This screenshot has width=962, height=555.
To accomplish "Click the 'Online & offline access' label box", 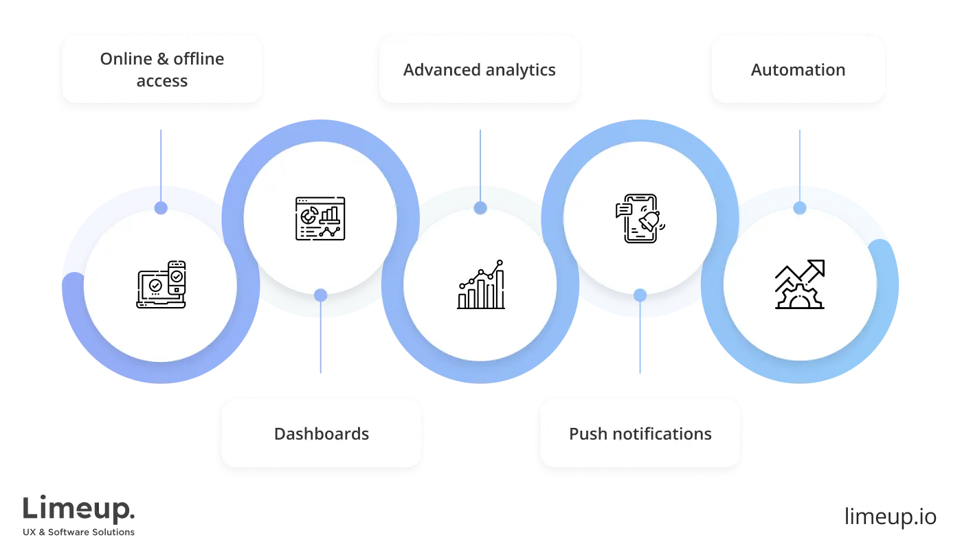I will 162,69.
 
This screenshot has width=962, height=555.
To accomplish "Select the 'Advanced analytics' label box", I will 479,69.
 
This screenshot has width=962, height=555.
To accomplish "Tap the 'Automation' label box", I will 798,69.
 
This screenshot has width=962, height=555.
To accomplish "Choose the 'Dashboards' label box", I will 321,433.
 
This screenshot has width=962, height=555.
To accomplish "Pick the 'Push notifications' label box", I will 640,433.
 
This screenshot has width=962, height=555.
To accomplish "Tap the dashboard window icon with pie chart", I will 320,218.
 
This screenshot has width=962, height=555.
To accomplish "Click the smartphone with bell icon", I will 640,218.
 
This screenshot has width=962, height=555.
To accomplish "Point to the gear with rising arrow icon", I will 799,284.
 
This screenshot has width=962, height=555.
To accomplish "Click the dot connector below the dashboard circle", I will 320,295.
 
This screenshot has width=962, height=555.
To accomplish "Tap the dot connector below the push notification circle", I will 640,295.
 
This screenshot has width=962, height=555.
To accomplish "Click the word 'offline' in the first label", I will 199,59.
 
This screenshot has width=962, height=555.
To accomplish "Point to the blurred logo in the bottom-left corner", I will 79,515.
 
